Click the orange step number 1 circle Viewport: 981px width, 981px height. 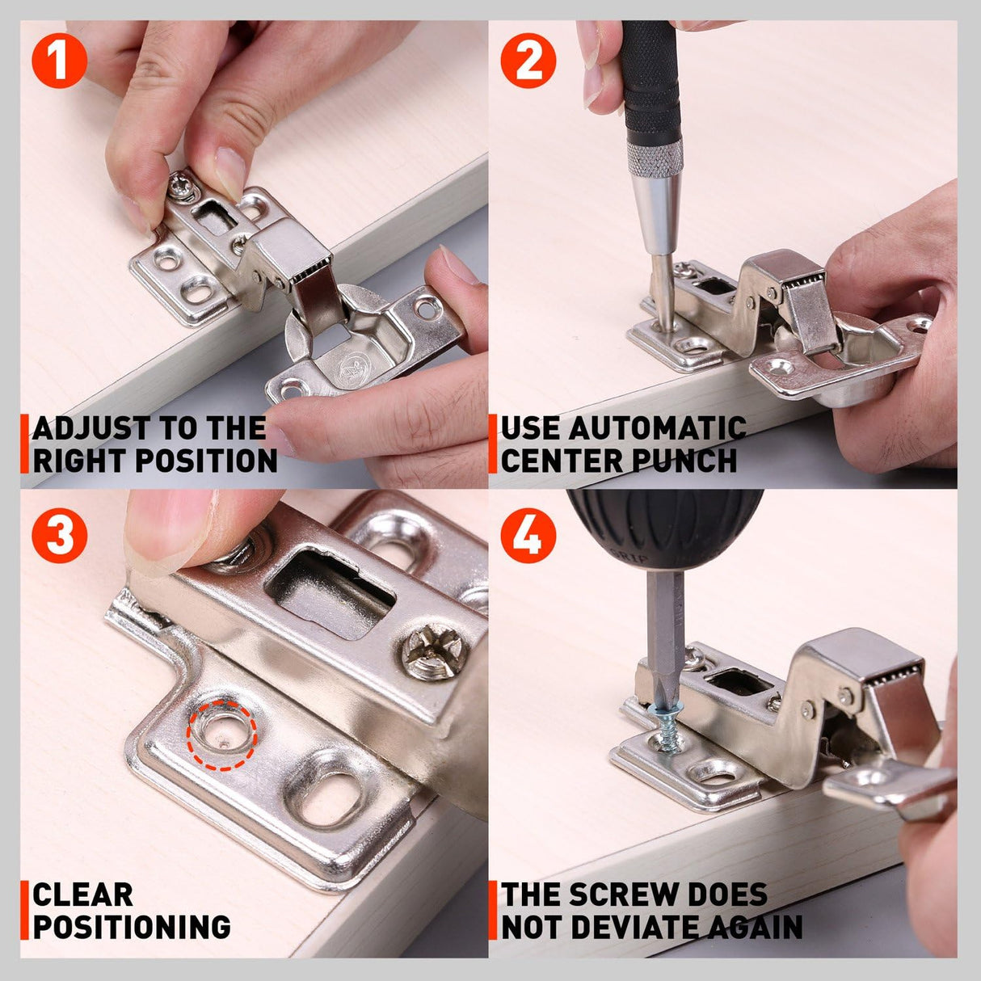[x=59, y=61]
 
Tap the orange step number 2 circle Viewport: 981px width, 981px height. [x=528, y=61]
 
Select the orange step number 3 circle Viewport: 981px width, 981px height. [x=59, y=535]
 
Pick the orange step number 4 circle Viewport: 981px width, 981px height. [x=528, y=535]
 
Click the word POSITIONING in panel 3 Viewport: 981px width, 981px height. [x=132, y=926]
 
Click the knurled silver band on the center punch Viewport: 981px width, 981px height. [x=655, y=157]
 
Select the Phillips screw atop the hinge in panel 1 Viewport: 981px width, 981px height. [x=181, y=187]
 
